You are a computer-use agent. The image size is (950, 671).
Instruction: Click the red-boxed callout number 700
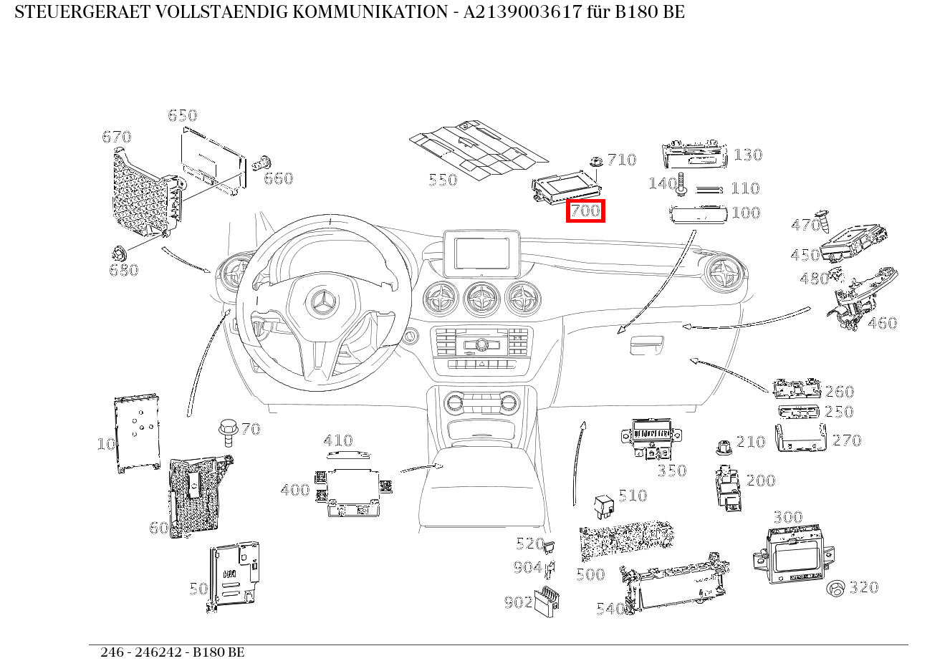point(585,211)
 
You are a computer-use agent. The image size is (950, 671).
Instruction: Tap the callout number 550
point(442,180)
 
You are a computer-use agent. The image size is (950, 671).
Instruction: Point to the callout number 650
point(182,115)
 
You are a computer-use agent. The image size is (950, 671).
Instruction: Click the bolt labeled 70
point(229,432)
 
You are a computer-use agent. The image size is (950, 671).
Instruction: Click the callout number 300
point(787,517)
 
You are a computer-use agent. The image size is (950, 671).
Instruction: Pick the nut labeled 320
point(835,589)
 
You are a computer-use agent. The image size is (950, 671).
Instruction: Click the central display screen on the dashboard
point(481,253)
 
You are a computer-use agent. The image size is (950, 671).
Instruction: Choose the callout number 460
point(882,323)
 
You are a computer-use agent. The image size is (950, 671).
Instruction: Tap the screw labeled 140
point(681,183)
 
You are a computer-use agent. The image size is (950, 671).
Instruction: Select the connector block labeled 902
point(548,600)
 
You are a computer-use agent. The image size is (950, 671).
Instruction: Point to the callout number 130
point(747,155)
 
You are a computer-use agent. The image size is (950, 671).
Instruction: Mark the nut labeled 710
point(595,162)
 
